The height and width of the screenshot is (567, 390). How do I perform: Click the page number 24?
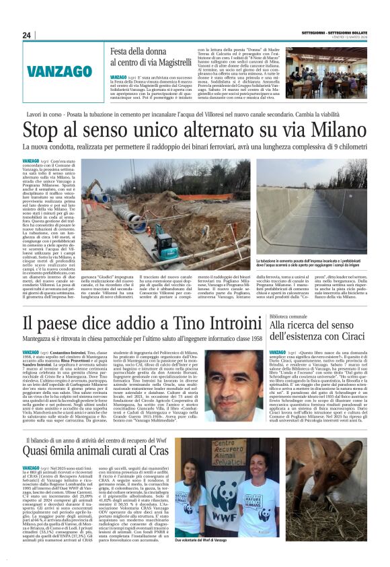(x=27, y=35)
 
